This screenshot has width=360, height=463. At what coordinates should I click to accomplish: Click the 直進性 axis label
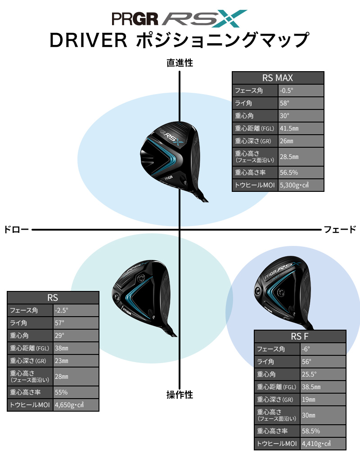tap(180, 63)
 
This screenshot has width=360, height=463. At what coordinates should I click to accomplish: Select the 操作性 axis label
tap(180, 395)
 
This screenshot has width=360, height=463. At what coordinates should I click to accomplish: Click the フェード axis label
tap(340, 230)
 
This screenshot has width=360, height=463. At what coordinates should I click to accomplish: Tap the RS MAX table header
tap(278, 77)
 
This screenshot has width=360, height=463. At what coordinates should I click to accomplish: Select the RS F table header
tap(300, 336)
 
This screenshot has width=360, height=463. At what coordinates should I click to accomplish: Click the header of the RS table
tap(53, 297)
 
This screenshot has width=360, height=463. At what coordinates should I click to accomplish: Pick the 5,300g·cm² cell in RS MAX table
tap(300, 185)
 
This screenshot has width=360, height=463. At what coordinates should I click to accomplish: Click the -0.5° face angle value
tap(300, 91)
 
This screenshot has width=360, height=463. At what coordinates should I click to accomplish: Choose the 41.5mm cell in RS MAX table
tap(300, 129)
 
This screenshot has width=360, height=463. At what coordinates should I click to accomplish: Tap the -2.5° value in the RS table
tap(75, 310)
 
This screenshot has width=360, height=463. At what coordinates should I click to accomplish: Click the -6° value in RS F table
tap(322, 349)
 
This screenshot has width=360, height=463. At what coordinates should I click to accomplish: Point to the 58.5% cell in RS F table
tap(322, 431)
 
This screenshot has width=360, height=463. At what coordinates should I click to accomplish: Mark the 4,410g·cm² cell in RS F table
tap(322, 444)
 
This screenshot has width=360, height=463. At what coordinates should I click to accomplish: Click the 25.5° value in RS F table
tap(322, 374)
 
